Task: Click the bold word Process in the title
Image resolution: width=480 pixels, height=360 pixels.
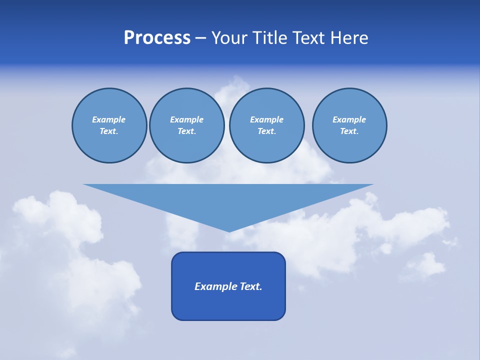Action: (157, 38)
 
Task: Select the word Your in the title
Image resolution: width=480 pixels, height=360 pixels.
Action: (227, 38)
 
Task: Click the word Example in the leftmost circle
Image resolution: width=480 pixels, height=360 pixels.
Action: (109, 119)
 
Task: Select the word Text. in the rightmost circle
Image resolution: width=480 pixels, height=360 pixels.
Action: (349, 131)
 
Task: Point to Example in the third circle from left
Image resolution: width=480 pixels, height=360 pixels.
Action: (266, 119)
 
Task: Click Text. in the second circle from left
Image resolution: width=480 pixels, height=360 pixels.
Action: (186, 131)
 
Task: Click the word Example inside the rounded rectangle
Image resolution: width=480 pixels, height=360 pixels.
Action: (214, 286)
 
